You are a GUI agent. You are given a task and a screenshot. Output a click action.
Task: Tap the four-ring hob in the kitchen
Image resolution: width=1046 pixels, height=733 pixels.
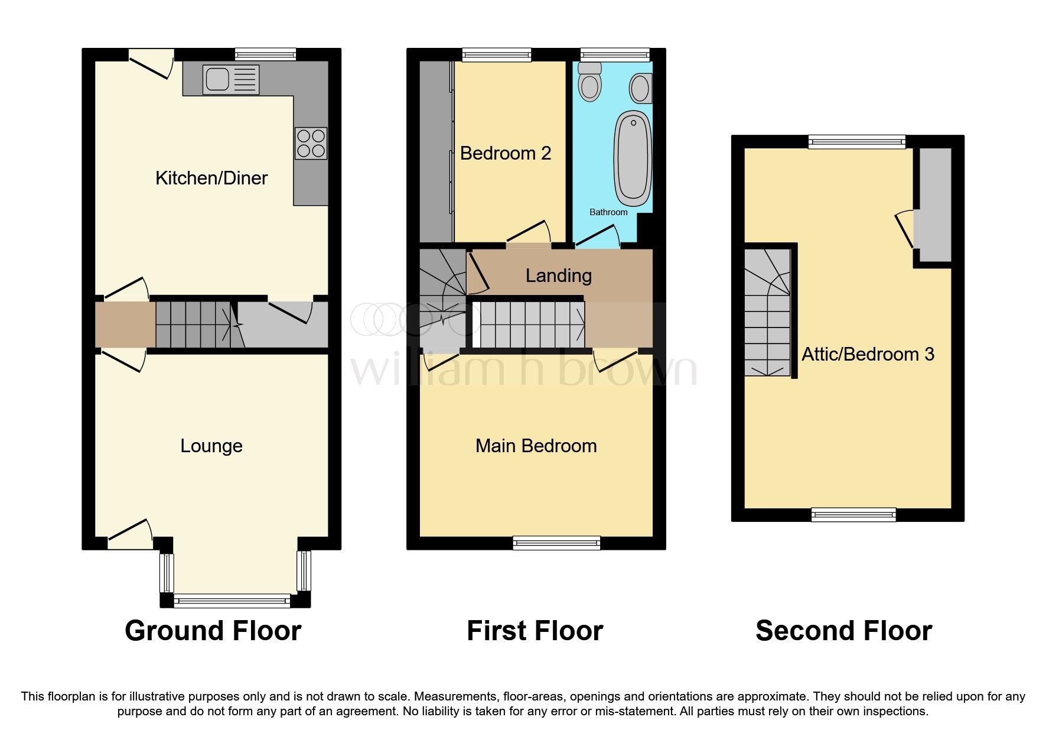click(x=311, y=143)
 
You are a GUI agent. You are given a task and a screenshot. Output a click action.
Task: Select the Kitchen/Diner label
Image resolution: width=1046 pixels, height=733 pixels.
click(x=211, y=178)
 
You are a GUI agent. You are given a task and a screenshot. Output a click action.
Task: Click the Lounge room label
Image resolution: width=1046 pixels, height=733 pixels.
click(x=211, y=446)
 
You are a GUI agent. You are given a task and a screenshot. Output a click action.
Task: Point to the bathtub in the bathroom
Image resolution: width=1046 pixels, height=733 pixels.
click(x=633, y=158)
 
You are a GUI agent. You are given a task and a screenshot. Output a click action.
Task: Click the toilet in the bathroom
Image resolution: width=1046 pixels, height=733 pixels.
click(x=589, y=82)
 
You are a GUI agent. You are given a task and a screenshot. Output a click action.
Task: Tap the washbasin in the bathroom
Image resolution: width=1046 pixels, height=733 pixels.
click(x=640, y=89)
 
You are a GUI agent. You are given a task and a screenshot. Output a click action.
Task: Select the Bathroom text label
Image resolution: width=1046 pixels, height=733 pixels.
click(x=608, y=212)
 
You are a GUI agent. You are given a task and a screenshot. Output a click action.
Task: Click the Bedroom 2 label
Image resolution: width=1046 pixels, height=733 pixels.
click(x=506, y=154)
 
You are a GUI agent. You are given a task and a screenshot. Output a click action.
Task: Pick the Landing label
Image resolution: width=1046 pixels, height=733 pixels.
click(x=559, y=275)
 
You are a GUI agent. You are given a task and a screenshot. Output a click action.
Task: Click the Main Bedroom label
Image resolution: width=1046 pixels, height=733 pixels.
click(x=536, y=446)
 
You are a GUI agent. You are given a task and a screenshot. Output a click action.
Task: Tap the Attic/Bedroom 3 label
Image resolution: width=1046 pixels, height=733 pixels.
click(x=868, y=354)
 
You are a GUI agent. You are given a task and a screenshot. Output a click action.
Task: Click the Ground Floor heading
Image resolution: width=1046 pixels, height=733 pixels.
click(x=213, y=631)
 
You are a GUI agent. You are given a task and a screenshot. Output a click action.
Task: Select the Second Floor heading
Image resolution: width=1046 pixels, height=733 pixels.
click(x=843, y=631)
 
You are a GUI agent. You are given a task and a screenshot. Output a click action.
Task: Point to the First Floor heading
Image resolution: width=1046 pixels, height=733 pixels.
click(x=535, y=631)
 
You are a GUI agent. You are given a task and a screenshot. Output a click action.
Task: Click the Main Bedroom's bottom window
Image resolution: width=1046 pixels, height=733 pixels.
click(x=556, y=543)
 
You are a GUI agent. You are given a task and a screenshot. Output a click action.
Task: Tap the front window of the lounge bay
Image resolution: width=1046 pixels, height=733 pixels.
click(x=232, y=601)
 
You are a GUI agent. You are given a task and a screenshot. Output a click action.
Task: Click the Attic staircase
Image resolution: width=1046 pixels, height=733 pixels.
click(x=767, y=312)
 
